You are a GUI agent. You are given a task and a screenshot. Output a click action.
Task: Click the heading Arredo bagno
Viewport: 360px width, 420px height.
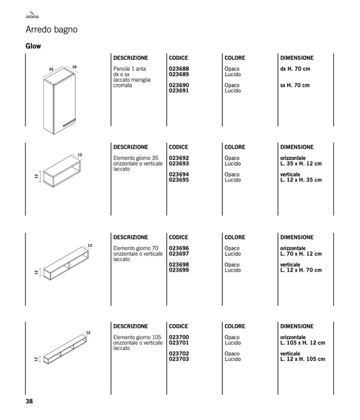click(52, 30)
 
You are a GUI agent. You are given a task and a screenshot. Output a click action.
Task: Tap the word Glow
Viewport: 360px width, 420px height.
click(33, 46)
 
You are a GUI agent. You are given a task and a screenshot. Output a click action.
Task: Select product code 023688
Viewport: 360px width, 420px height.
click(179, 69)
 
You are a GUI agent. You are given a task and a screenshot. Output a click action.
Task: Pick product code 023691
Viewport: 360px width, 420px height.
click(179, 91)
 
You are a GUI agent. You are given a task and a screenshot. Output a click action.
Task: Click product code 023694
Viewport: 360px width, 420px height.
click(179, 175)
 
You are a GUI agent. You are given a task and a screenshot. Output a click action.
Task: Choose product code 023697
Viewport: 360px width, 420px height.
click(179, 254)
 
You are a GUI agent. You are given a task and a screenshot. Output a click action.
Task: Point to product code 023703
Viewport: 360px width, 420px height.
click(179, 359)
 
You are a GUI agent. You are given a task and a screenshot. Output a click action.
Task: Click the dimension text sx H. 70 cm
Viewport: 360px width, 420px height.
click(295, 85)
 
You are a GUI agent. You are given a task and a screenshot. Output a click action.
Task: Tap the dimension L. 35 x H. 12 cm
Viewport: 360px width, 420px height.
click(301, 164)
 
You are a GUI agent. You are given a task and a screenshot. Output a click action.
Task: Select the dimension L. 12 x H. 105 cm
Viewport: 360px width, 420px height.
click(303, 359)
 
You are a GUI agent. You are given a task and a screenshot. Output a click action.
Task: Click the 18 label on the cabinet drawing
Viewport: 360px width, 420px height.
click(74, 66)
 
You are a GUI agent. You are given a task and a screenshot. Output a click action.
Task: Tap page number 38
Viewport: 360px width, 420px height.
click(30, 401)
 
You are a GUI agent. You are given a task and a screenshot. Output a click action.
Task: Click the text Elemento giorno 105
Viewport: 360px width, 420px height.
click(137, 337)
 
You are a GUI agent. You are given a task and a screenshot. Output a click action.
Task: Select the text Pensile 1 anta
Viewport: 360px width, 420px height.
click(128, 69)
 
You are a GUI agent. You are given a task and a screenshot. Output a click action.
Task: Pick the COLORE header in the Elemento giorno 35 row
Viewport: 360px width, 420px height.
click(235, 147)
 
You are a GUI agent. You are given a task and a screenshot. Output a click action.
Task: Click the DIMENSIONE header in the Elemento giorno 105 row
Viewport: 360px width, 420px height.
click(297, 327)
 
